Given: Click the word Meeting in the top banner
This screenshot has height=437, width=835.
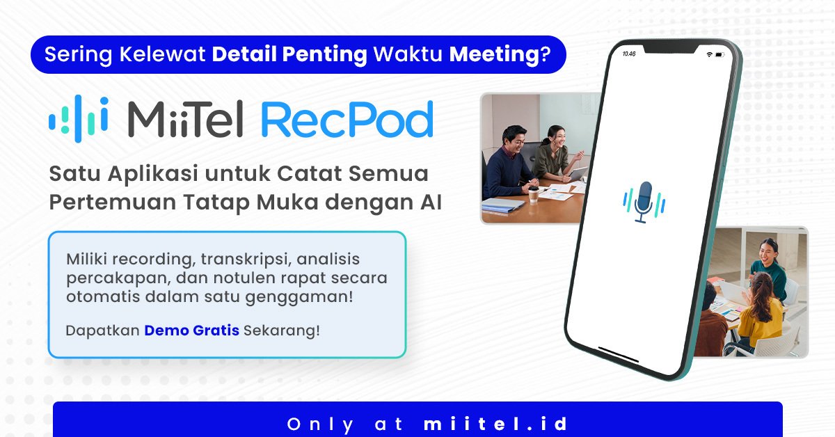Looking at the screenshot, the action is coord(500,54).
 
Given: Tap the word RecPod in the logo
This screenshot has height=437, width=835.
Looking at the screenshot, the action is coord(347,119).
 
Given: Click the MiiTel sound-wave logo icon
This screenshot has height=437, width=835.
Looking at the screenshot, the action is coord(79,119).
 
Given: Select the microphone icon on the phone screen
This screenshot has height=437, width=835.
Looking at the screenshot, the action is coord(644,202).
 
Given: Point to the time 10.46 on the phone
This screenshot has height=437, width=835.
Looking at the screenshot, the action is coord(629,54).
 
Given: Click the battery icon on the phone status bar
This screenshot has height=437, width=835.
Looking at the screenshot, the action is coord(719,55).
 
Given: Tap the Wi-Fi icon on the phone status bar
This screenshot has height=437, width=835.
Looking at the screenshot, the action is coord(709,54).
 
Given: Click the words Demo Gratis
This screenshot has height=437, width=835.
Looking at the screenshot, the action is coord(191,331).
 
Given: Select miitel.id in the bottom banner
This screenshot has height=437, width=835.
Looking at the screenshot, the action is coord(495,424).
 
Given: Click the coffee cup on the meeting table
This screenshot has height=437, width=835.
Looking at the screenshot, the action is coord(534,194).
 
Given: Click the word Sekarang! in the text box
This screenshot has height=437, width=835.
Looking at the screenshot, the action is coord(281,331).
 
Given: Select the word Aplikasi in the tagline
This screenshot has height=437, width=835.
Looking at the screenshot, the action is coord(153,174).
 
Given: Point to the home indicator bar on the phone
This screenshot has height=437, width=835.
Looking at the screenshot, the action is coord(619,354).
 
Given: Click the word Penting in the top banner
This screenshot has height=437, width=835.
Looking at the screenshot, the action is coord(325,54).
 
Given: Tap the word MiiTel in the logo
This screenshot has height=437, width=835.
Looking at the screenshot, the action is coord(186,119).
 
